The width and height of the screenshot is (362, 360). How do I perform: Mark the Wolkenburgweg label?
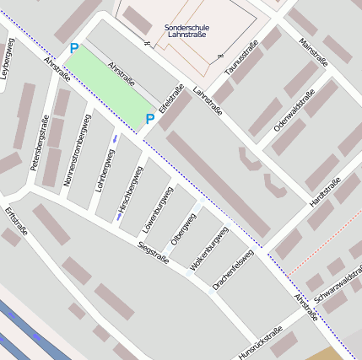tap(208, 249)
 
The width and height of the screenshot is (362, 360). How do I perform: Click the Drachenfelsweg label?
tap(233, 271)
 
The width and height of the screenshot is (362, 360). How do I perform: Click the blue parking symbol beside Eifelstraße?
tap(149, 119)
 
